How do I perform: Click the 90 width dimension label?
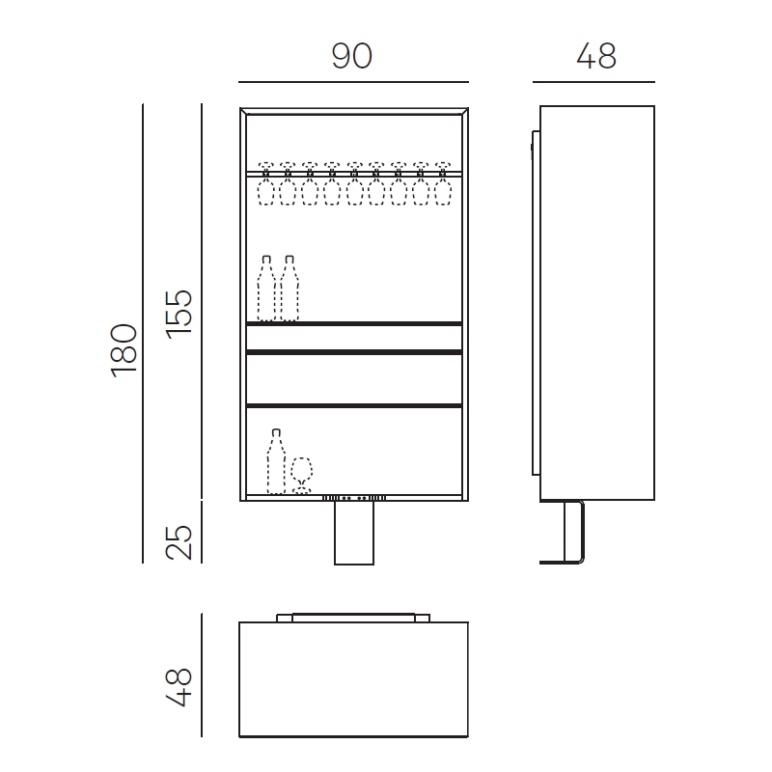351,56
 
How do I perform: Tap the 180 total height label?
124,350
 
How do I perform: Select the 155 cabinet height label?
179,315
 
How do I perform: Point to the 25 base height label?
179,542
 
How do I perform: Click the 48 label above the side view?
595,56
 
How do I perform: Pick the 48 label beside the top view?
179,687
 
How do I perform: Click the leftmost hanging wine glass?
266,183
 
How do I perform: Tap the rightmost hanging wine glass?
443,183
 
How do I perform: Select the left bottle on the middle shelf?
266,288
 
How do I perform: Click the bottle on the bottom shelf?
276,461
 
